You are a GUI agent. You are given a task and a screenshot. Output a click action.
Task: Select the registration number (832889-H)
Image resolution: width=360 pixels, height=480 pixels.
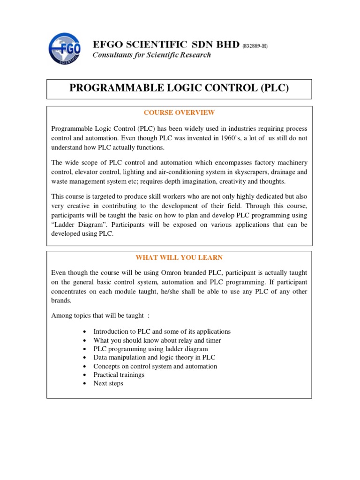click(x=255, y=45)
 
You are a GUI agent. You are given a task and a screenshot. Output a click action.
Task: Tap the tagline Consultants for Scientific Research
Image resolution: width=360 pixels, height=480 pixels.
click(x=151, y=55)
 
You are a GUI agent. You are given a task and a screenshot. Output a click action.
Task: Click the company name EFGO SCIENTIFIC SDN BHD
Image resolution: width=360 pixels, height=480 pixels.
click(x=166, y=45)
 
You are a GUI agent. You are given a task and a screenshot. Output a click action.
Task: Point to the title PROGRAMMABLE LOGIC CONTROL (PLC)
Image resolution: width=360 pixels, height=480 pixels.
click(x=179, y=89)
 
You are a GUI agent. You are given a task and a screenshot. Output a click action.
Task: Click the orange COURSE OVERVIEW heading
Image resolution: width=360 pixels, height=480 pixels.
click(x=179, y=112)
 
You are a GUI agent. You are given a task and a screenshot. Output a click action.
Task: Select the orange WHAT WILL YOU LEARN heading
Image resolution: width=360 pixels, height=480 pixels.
click(x=179, y=257)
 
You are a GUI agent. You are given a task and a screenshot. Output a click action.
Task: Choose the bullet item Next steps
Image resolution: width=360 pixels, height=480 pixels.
click(x=108, y=383)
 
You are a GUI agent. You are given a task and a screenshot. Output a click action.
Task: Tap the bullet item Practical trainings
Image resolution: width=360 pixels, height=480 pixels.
click(x=119, y=375)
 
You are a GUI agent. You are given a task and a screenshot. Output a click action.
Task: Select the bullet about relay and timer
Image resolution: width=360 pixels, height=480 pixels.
click(x=157, y=340)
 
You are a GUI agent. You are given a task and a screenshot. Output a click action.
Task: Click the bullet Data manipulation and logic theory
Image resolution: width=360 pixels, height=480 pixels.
click(x=155, y=358)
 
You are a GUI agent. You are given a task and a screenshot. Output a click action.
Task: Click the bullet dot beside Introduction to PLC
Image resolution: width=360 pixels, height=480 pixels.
click(x=83, y=332)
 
